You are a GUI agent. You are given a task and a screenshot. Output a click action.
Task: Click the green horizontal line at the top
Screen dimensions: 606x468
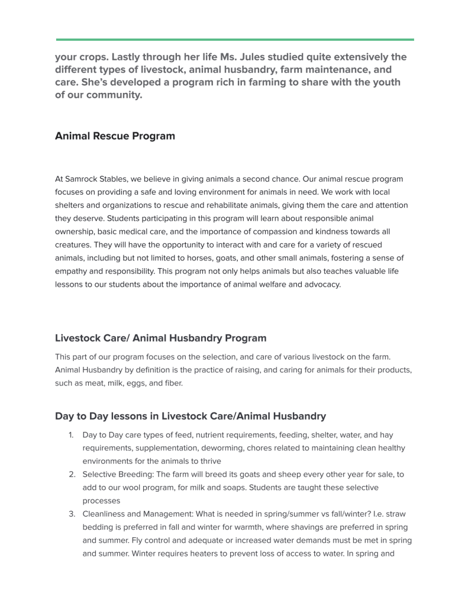(x=235, y=40)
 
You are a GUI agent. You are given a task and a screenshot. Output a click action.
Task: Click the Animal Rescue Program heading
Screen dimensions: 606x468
(x=115, y=136)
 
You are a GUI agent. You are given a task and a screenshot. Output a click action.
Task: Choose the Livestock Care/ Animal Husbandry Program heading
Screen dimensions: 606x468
(x=160, y=339)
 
